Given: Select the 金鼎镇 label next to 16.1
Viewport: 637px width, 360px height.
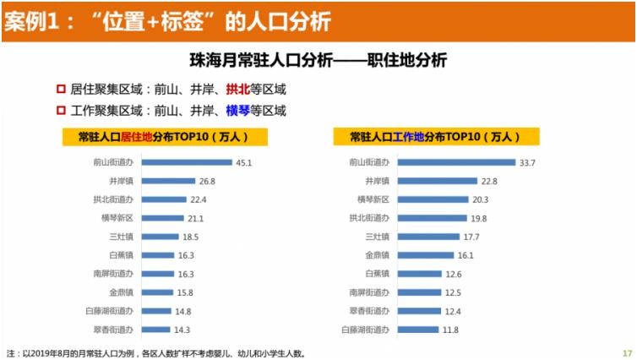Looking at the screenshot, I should [376, 254].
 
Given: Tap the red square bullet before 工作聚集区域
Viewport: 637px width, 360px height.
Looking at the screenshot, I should [61, 111].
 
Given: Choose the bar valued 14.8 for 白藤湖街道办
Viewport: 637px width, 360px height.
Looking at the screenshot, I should [155, 310].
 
